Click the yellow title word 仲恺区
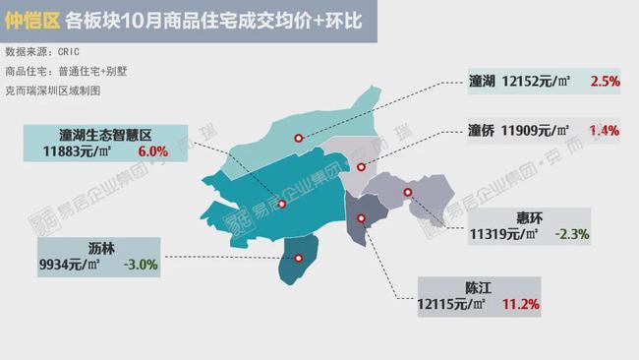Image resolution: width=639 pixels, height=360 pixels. tap(31, 21)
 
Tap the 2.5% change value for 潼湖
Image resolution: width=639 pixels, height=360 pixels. tap(604, 82)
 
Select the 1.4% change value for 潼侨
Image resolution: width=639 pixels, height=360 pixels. tap(604, 130)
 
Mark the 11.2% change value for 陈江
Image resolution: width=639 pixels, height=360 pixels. tap(520, 306)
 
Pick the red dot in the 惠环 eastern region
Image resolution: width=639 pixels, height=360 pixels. tap(406, 193)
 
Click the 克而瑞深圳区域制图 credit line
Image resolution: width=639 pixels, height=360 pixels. tap(53, 90)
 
